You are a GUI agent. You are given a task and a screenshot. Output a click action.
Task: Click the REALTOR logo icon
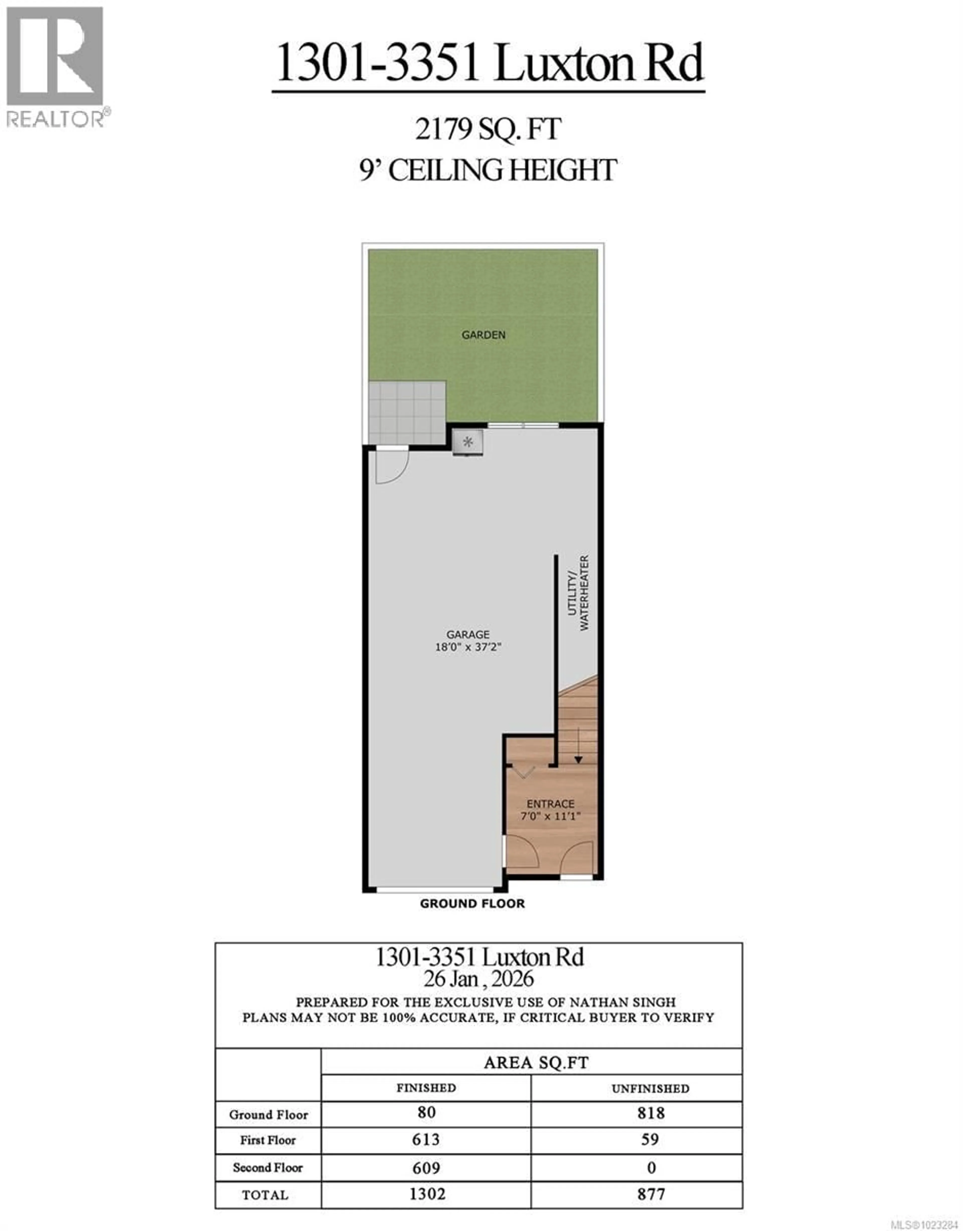55,56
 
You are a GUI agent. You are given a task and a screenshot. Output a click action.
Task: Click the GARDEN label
483,335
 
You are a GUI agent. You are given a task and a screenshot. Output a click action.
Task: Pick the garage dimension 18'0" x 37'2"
468,647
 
